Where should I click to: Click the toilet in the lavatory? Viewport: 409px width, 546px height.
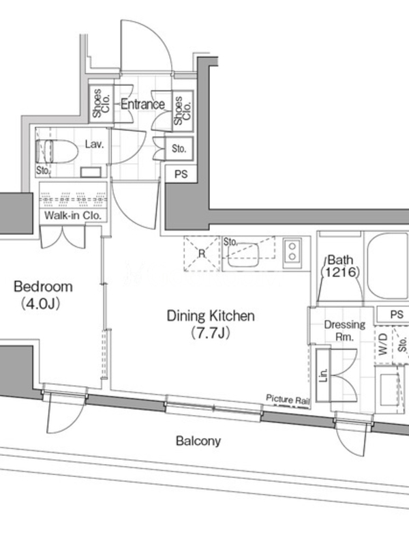pos(57,152)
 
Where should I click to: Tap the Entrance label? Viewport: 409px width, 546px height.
pos(142,104)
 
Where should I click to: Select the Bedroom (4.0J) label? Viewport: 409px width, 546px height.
pos(43,295)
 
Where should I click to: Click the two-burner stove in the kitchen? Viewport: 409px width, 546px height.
pos(292,251)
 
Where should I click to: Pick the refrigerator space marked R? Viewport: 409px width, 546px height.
pos(202,253)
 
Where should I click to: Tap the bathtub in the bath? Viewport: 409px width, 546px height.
pos(388,265)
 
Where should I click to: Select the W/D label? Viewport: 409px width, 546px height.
pos(383,345)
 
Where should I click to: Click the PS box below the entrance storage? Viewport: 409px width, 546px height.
pos(181,174)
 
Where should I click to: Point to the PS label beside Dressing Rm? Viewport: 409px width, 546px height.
pos(397,315)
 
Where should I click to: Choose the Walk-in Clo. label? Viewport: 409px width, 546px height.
pos(73,216)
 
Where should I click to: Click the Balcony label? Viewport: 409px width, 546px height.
pos(198,441)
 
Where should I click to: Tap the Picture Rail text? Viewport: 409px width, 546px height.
pos(288,399)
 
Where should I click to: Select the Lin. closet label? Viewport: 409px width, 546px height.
pos(323,375)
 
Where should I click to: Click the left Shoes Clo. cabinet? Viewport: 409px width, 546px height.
pos(101,103)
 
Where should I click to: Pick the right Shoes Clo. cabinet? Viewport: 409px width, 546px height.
pos(183,111)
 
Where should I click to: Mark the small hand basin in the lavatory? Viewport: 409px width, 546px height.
pos(91,172)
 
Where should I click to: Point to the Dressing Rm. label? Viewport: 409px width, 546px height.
pos(345,330)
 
